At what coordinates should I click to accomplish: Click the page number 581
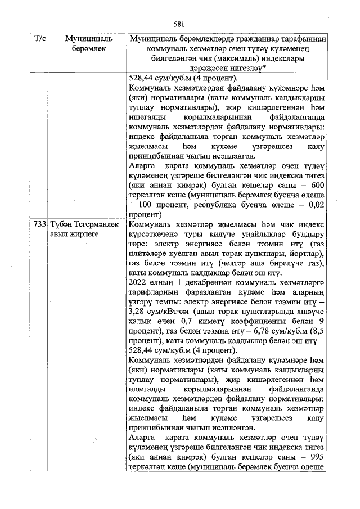coord(179,24)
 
